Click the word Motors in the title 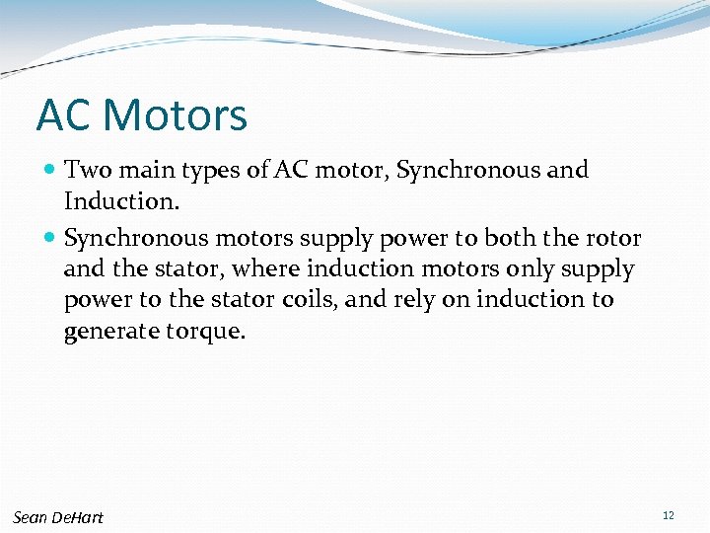[x=175, y=114]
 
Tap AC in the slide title [x=64, y=114]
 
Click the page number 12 [x=669, y=516]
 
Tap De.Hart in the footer [x=78, y=517]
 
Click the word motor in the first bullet [x=350, y=171]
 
